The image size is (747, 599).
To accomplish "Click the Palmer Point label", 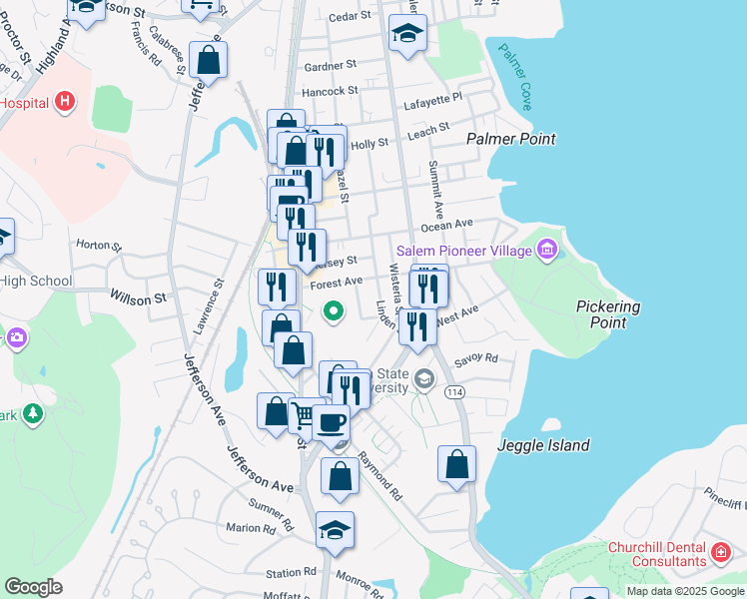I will click(x=511, y=140).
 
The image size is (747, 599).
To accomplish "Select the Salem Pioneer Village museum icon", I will click(x=546, y=250).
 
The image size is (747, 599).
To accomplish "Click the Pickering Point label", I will click(x=608, y=314).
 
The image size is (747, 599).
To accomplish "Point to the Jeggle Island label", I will click(x=543, y=445).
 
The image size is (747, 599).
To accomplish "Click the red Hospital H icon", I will click(x=65, y=101).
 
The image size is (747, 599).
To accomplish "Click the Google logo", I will click(x=33, y=587).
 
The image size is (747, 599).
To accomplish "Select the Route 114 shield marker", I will click(x=455, y=392).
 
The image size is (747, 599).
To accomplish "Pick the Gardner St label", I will click(x=331, y=65).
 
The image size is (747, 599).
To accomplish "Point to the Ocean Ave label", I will click(x=475, y=226).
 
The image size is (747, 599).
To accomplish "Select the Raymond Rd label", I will click(x=380, y=475).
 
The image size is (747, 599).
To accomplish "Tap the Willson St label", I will click(x=138, y=298).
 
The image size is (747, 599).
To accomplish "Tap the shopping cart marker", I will click(x=304, y=413).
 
